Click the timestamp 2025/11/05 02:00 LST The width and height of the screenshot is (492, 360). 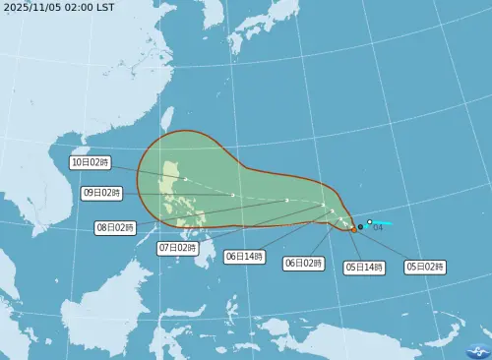pyautogui.click(x=59, y=7)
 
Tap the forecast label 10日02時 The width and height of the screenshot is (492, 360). pyautogui.click(x=91, y=162)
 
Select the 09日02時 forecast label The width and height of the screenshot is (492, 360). pyautogui.click(x=102, y=194)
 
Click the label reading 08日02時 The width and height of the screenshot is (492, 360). pyautogui.click(x=115, y=227)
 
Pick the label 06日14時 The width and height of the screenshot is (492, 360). pyautogui.click(x=244, y=256)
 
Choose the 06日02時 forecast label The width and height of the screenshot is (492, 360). pyautogui.click(x=304, y=263)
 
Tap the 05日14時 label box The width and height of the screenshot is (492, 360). pyautogui.click(x=364, y=267)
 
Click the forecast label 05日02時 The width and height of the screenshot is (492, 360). pyautogui.click(x=425, y=267)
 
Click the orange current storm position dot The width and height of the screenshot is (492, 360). pyautogui.click(x=354, y=229)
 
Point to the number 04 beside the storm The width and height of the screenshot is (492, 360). pyautogui.click(x=378, y=228)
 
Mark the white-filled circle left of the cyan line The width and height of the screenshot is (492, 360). pyautogui.click(x=370, y=222)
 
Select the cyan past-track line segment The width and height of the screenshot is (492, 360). pyautogui.click(x=384, y=223)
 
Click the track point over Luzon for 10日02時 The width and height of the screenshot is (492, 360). pyautogui.click(x=185, y=179)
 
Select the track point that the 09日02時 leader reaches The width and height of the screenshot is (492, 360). pyautogui.click(x=232, y=195)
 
